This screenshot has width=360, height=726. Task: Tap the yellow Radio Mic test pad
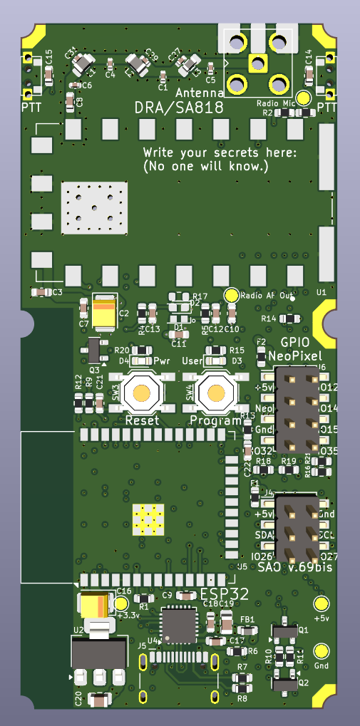[x=303, y=98]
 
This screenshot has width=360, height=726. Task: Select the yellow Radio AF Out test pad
[x=231, y=295]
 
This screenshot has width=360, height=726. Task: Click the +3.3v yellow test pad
[x=121, y=603]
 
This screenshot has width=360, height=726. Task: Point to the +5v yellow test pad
[x=321, y=604]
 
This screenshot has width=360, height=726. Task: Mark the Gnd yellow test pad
[x=321, y=650]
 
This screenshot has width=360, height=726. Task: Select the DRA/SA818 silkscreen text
[x=179, y=108]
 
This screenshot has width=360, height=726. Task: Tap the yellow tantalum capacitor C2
[x=103, y=313]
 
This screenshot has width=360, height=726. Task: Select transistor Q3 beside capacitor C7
[x=93, y=350]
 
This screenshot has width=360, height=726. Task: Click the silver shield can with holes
[x=96, y=208]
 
